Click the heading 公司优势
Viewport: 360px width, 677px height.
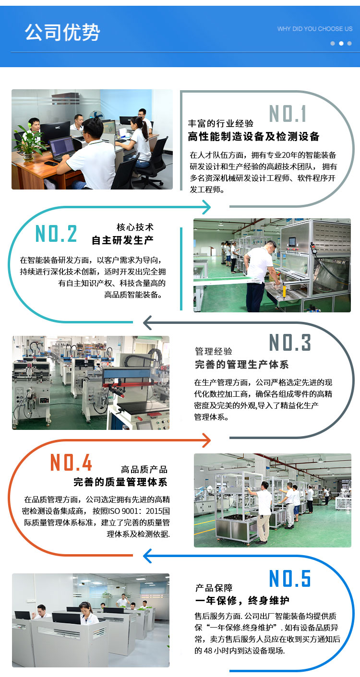tap(62, 32)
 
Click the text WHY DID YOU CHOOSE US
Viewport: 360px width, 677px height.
tap(315, 29)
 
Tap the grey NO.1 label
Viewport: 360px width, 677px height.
tap(288, 114)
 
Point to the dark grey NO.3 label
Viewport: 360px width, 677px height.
tap(289, 343)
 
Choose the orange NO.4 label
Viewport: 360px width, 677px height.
tap(71, 462)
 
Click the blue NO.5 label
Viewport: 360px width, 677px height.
tap(289, 578)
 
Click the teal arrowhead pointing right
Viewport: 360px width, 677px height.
tap(207, 207)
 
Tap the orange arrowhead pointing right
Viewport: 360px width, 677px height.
tap(207, 440)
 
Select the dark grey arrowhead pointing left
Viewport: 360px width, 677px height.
tap(147, 322)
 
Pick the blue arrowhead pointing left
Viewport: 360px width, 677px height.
tap(147, 556)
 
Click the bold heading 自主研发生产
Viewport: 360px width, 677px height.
tap(122, 240)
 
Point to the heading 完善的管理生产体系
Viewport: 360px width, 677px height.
tap(241, 365)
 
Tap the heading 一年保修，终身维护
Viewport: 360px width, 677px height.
tap(242, 600)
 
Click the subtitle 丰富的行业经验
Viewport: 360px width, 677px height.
tap(221, 123)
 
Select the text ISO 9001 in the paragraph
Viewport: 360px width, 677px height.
tap(123, 511)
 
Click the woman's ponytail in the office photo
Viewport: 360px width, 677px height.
tap(145, 130)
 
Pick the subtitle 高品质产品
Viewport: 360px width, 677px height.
tap(144, 469)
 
